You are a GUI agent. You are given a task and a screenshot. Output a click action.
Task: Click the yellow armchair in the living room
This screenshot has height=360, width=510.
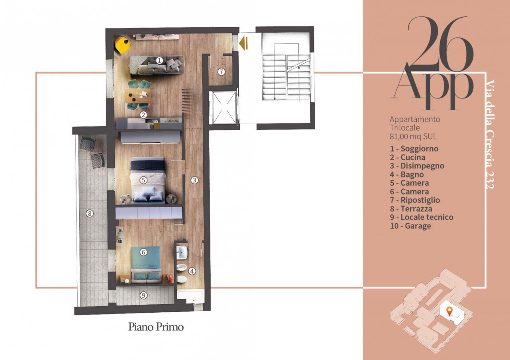click(123, 45)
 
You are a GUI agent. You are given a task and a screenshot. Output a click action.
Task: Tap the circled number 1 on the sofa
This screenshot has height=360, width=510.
click(160, 61)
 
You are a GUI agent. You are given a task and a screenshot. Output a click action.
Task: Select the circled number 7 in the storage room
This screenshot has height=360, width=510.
click(221, 72)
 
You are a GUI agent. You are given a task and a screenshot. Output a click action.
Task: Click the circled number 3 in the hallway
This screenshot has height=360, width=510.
click(194, 180)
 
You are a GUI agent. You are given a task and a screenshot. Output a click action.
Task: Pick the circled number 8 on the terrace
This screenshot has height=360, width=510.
click(90, 213)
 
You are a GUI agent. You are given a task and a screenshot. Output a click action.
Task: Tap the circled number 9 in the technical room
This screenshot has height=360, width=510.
click(143, 295)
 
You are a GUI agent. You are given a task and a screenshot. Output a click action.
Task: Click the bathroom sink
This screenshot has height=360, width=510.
click(182, 252)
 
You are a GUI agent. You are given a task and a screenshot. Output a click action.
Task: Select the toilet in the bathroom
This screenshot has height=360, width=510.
click(182, 279)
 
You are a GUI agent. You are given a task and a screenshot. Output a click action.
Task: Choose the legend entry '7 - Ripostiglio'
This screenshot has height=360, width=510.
click(415, 200)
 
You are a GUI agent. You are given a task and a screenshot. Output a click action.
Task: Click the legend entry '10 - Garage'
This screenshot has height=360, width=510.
click(410, 226)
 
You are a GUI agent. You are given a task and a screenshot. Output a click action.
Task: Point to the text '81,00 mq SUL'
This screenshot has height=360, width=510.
click(413, 137)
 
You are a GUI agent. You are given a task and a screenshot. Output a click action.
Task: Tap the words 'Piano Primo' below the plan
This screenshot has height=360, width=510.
click(156, 327)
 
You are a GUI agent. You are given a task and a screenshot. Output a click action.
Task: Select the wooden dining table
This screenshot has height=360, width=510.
click(138, 96)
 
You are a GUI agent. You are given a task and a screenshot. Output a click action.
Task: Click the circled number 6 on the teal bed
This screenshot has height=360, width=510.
click(143, 252)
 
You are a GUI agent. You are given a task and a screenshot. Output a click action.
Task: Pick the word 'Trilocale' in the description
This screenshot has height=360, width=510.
click(405, 128)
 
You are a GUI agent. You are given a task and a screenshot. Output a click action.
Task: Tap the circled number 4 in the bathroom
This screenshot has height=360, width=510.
click(192, 271)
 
